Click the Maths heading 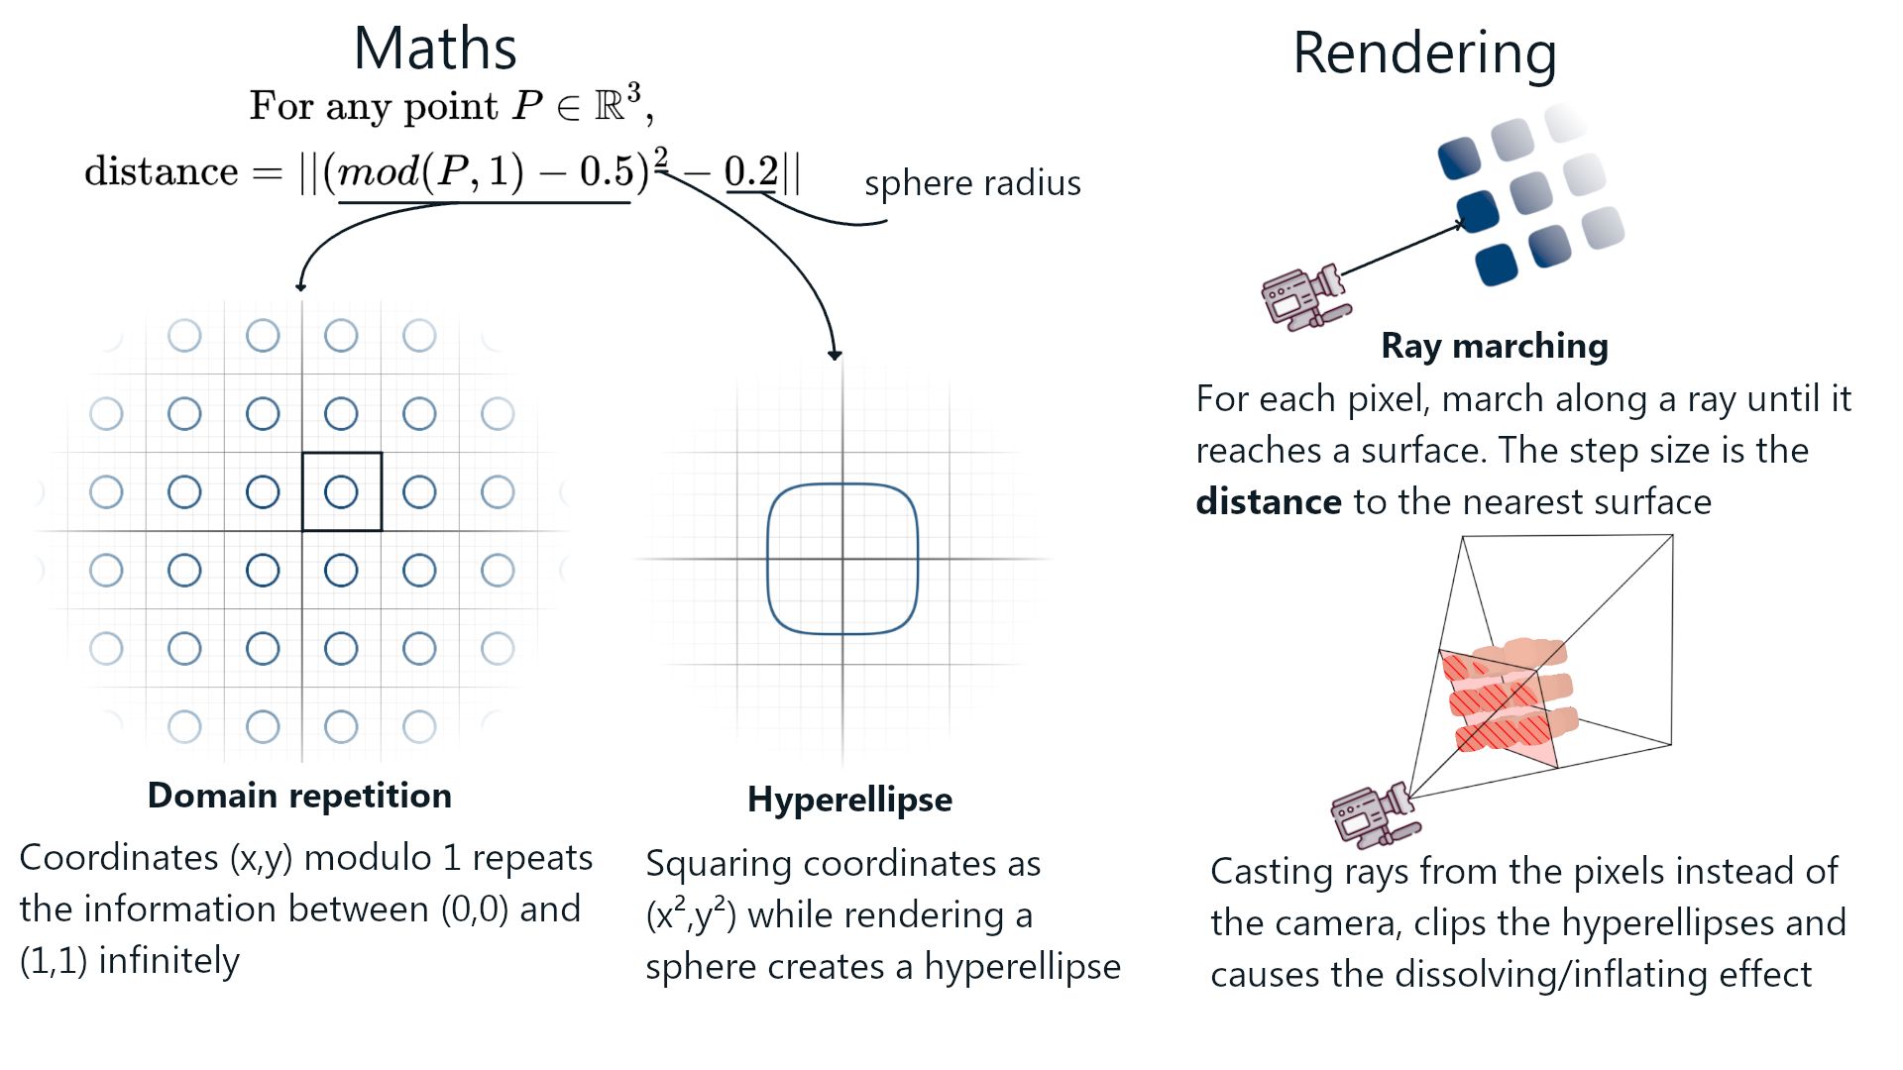(x=435, y=49)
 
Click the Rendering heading (x=1424, y=53)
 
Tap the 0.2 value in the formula (x=751, y=171)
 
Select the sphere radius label (x=972, y=183)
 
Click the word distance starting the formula (x=162, y=171)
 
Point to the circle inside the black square (x=341, y=491)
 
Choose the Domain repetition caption (x=299, y=796)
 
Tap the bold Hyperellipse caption (x=849, y=800)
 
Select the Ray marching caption (x=1495, y=346)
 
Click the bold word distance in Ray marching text (x=1269, y=502)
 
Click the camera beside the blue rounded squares (x=1302, y=295)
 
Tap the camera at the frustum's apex (x=1373, y=814)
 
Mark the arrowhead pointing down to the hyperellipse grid (x=836, y=355)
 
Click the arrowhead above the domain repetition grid (x=301, y=286)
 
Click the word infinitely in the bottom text (x=169, y=961)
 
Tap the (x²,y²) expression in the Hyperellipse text (x=691, y=915)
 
